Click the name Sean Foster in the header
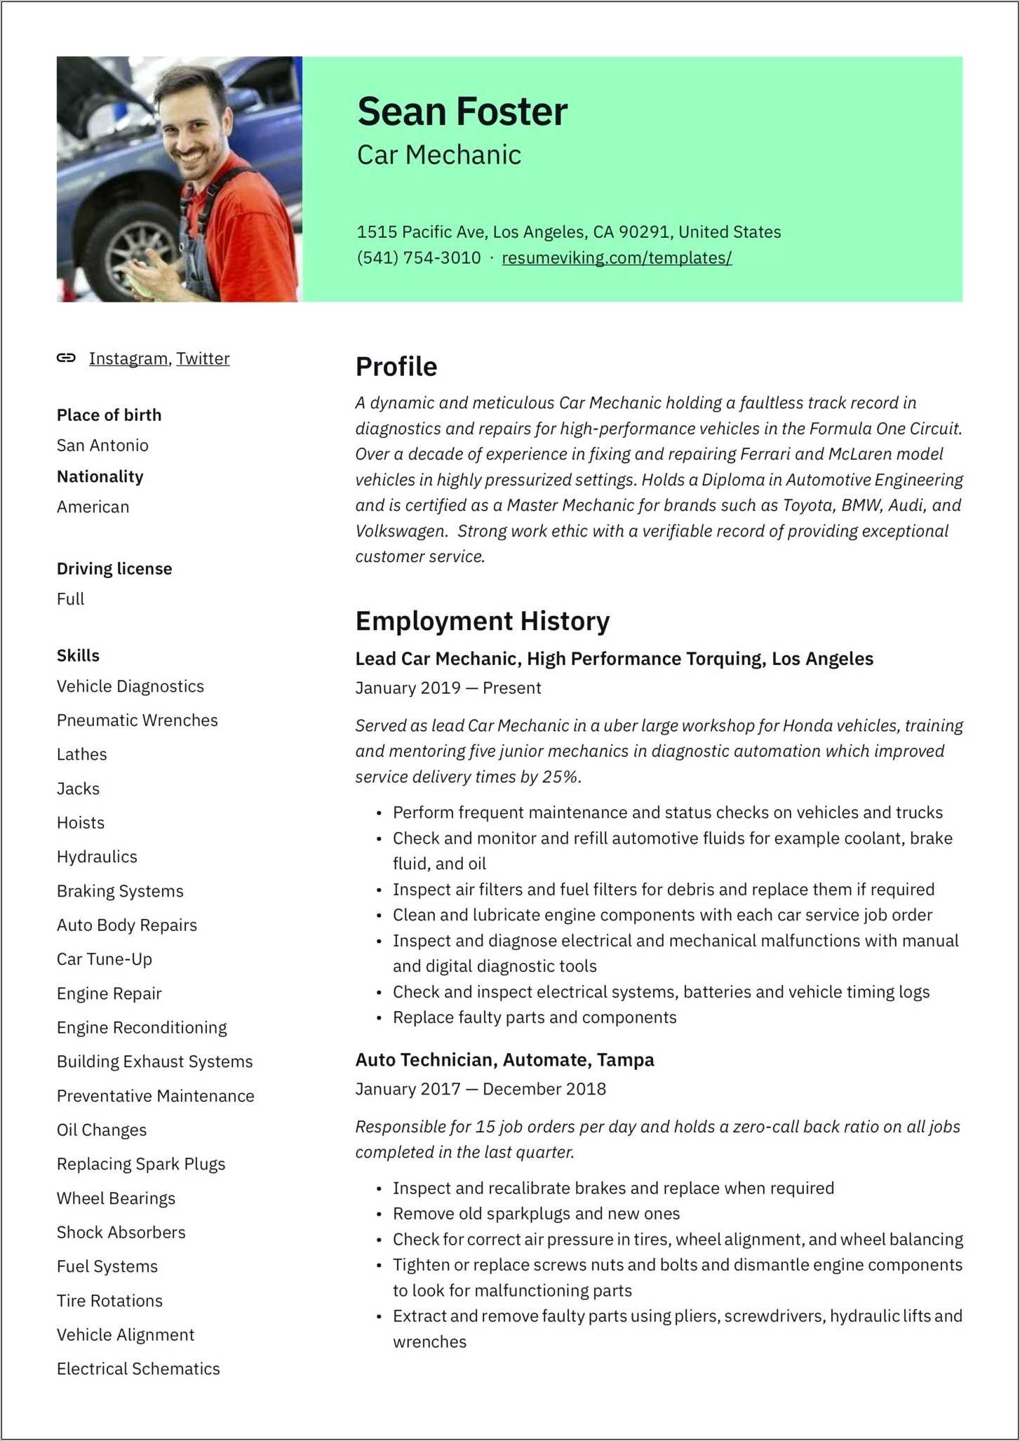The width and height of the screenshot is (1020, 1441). click(462, 112)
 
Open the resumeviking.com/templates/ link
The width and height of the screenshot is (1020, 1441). click(617, 257)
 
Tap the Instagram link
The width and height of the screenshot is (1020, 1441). click(128, 358)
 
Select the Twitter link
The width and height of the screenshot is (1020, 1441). click(203, 358)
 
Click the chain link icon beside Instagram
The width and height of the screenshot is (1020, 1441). click(66, 358)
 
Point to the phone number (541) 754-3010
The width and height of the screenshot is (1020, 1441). click(418, 257)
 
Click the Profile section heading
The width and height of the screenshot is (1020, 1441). click(396, 367)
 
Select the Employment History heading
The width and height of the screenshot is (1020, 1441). click(482, 622)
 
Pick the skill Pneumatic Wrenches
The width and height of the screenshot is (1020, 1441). click(137, 720)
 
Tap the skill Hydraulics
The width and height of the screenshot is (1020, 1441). click(97, 857)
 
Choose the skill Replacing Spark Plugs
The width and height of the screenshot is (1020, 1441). click(141, 1164)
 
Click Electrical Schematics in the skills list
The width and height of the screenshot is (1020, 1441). click(138, 1369)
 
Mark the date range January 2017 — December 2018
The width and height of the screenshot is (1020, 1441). click(481, 1089)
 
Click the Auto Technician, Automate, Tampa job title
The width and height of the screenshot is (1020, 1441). click(504, 1059)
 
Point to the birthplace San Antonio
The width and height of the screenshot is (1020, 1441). click(102, 445)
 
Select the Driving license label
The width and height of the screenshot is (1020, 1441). click(114, 568)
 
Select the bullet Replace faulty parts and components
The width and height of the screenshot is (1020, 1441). click(535, 1017)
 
